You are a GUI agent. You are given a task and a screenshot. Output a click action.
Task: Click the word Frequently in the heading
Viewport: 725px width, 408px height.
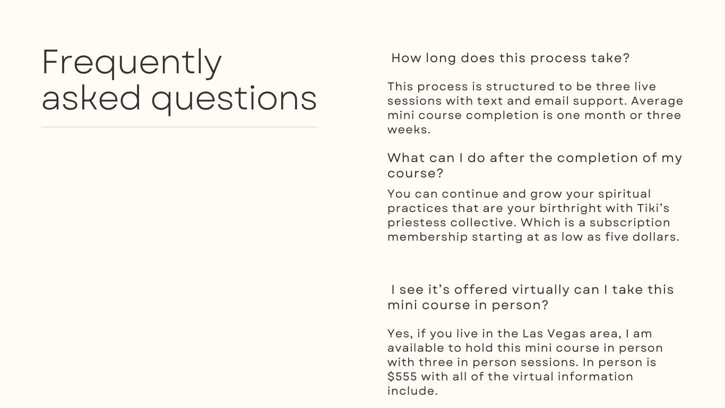pyautogui.click(x=132, y=63)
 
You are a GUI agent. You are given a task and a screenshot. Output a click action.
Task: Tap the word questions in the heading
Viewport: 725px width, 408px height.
pyautogui.click(x=234, y=99)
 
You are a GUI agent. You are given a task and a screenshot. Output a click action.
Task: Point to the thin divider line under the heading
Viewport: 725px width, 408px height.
pyautogui.click(x=180, y=127)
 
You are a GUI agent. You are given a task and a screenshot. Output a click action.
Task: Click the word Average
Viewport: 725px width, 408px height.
pyautogui.click(x=657, y=101)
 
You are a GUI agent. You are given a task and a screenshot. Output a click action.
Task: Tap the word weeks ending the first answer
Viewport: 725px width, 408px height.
pyautogui.click(x=409, y=130)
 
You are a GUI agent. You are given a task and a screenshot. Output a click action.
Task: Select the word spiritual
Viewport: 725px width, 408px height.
pyautogui.click(x=624, y=194)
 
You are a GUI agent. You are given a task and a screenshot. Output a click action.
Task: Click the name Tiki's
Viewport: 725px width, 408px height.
pyautogui.click(x=653, y=208)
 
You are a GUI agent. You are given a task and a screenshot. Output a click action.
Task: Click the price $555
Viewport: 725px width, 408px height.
pyautogui.click(x=402, y=377)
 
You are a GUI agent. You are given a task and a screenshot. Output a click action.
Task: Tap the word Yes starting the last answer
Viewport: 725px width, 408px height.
pyautogui.click(x=400, y=334)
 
